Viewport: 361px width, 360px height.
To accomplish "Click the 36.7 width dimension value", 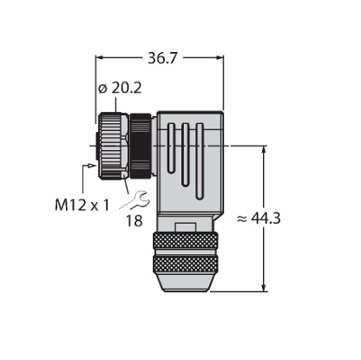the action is click(x=161, y=58).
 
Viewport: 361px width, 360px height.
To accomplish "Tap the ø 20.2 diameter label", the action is click(x=120, y=88).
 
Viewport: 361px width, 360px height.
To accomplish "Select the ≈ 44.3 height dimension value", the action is click(x=259, y=219).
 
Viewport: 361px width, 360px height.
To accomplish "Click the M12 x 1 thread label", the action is click(x=82, y=206).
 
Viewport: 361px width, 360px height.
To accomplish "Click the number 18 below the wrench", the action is click(x=134, y=221).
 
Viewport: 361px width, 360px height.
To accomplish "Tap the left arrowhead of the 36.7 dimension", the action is click(x=100, y=58).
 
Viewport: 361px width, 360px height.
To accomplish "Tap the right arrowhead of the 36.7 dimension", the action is click(x=220, y=58).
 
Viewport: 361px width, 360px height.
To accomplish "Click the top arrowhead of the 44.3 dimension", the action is click(x=264, y=150).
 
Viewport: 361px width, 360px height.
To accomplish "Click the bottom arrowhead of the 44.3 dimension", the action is click(x=264, y=287).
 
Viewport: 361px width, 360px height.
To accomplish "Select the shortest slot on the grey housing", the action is click(x=171, y=148).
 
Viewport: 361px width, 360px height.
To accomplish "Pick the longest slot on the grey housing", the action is click(x=199, y=161).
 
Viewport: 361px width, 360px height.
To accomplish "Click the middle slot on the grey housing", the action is click(x=185, y=154).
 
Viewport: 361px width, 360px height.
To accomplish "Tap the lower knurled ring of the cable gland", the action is click(x=186, y=265).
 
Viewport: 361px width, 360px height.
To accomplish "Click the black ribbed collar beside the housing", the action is click(x=141, y=146).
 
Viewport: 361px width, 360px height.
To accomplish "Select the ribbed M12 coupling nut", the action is click(x=110, y=145).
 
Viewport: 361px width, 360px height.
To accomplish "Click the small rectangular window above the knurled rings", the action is click(x=186, y=227).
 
